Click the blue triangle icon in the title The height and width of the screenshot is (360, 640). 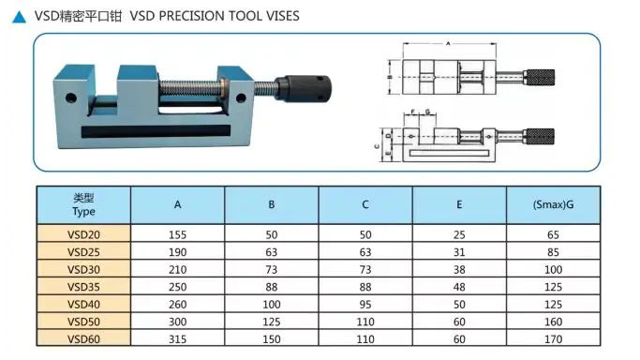[x=19, y=15]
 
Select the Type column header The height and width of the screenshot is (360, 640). [x=83, y=204]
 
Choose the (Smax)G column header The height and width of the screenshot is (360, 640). [x=552, y=204]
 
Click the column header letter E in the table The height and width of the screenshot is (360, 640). [x=459, y=204]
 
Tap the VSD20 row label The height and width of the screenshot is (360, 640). [x=83, y=235]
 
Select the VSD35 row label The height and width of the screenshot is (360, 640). [x=83, y=286]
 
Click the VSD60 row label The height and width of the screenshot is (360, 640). [x=83, y=337]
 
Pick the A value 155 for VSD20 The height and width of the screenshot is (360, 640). [x=177, y=235]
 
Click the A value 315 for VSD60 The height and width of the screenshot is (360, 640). [x=177, y=337]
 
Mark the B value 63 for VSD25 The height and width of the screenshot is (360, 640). [x=272, y=252]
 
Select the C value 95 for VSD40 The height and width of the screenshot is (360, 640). [x=365, y=303]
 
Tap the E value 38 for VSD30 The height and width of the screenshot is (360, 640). [x=459, y=269]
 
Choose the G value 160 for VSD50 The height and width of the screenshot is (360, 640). [x=552, y=321]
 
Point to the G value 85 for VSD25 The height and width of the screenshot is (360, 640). [x=552, y=252]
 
